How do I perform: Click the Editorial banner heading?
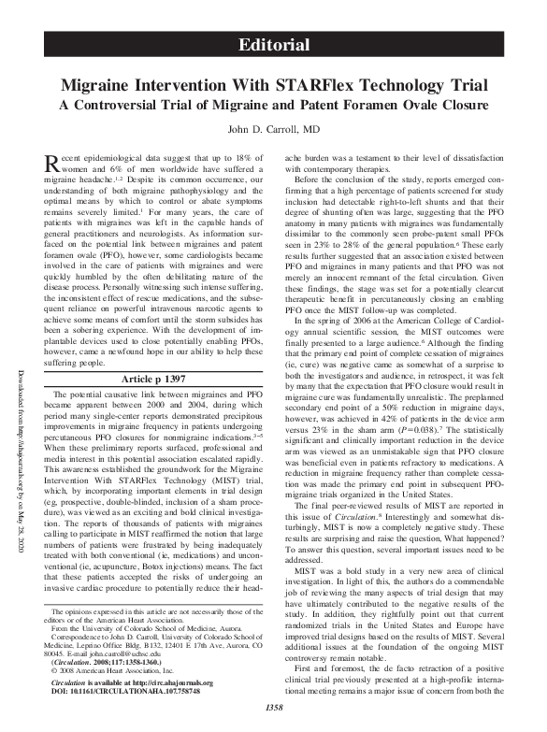click(x=273, y=45)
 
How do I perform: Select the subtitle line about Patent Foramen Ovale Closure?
click(x=273, y=103)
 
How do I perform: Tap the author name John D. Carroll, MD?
click(x=273, y=128)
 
